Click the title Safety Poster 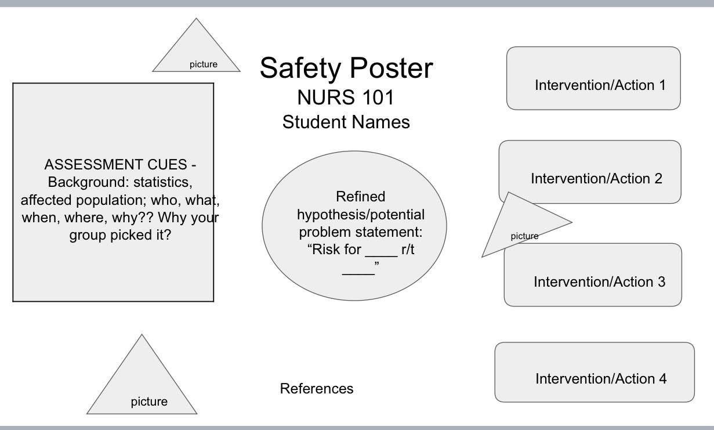pos(346,68)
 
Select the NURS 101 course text pos(346,97)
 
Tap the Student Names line pos(346,122)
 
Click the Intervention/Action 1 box pos(593,78)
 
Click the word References pos(317,388)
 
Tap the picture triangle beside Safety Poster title pos(197,55)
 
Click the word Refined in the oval pos(360,197)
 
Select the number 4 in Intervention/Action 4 pos(662,379)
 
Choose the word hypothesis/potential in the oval pos(360,215)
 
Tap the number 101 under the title pos(375,97)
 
